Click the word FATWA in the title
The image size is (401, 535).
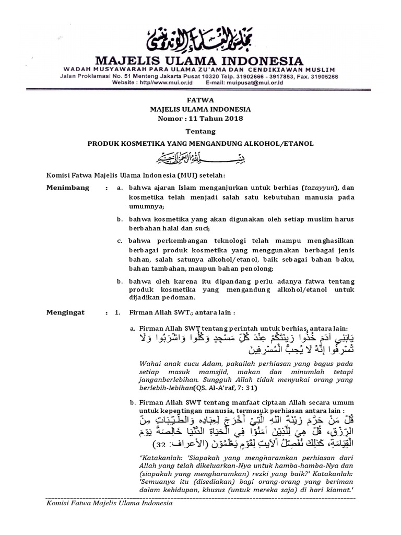[200, 99]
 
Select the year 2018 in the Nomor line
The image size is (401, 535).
[232, 119]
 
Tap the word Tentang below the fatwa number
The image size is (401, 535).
[200, 132]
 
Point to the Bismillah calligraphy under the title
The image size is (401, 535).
[200, 156]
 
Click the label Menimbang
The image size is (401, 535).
[68, 187]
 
